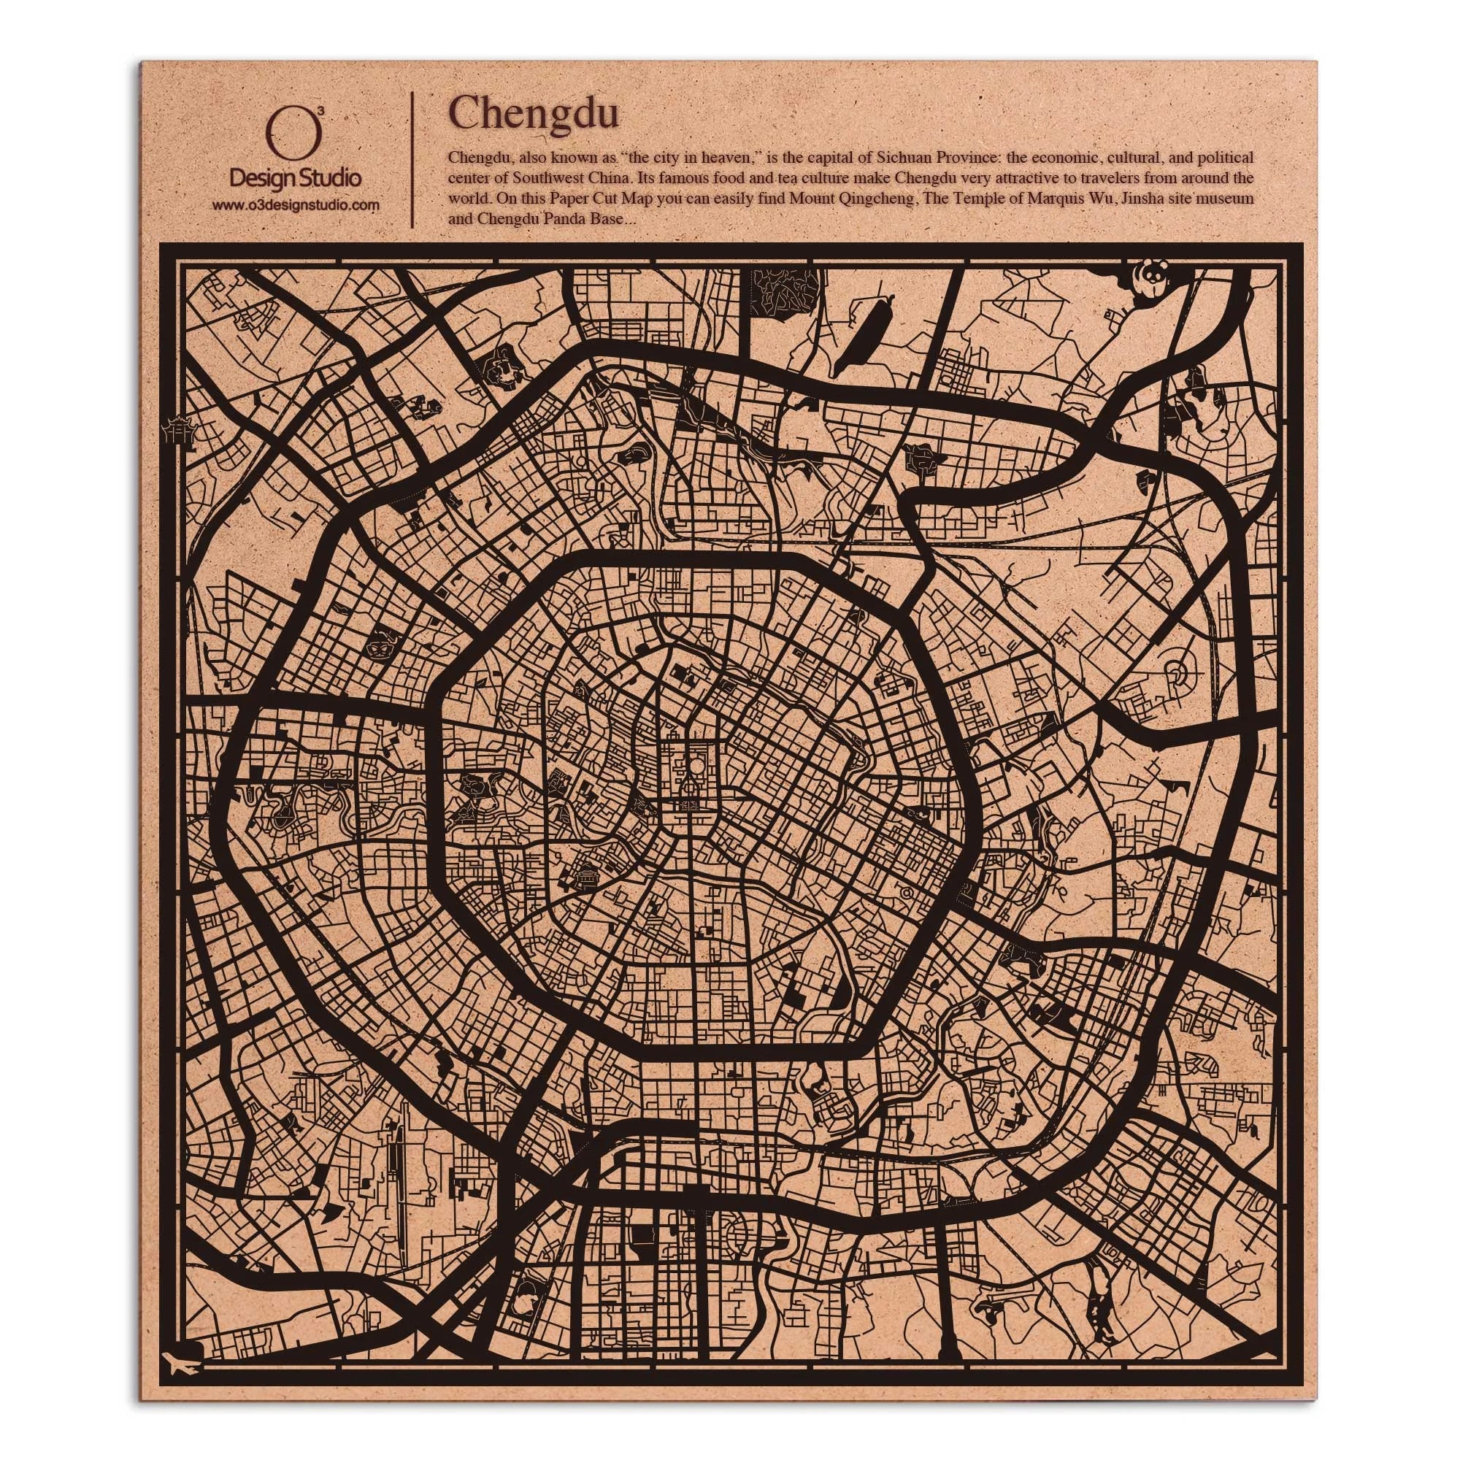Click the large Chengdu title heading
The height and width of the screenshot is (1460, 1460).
tap(534, 113)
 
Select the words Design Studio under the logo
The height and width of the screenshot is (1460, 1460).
tap(295, 178)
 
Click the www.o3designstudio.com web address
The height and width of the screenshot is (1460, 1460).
tap(295, 205)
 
